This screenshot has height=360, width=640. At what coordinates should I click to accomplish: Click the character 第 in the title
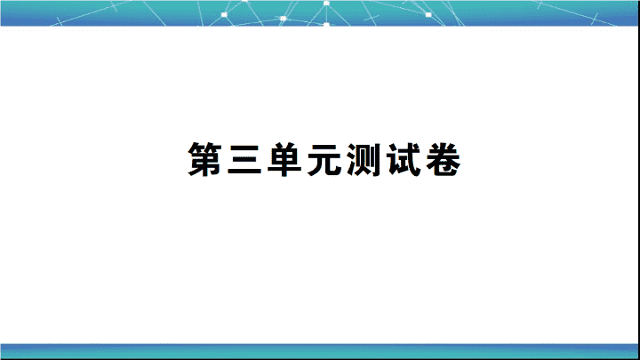[204, 160]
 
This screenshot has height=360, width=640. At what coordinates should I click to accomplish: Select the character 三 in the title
[244, 160]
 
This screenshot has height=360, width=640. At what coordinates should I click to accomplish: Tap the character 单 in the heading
[284, 160]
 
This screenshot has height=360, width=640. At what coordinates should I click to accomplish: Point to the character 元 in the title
[324, 160]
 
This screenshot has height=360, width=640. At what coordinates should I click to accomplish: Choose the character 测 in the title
[364, 160]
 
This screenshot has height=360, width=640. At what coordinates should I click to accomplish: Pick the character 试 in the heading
[404, 160]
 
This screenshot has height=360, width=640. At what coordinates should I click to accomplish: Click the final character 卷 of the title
[444, 160]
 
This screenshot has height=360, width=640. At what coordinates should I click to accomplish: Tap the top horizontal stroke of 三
[244, 147]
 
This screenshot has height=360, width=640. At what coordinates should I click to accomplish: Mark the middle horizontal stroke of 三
[244, 159]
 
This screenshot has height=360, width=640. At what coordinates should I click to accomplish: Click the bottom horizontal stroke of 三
[244, 172]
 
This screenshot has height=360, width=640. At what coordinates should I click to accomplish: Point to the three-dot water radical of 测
[351, 160]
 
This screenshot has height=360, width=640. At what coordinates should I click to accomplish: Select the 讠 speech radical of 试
[393, 160]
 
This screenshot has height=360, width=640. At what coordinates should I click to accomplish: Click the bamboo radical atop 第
[204, 147]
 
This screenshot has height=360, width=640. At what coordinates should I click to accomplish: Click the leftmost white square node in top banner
[224, 15]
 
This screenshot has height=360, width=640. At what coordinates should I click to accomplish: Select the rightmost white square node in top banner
[428, 15]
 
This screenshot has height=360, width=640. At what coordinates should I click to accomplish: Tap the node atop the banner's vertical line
[326, 4]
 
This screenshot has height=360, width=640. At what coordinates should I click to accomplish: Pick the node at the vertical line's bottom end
[326, 25]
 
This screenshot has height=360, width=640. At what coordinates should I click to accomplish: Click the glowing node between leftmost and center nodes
[284, 19]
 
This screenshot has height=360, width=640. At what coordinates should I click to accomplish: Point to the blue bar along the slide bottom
[320, 351]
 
